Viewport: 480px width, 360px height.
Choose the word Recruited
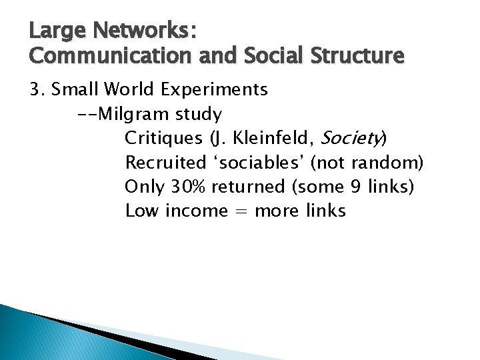pyautogui.click(x=166, y=163)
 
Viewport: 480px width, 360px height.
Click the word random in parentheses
pyautogui.click(x=389, y=163)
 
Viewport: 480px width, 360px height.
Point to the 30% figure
pyautogui.click(x=187, y=187)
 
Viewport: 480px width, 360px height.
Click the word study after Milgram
pyautogui.click(x=199, y=114)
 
